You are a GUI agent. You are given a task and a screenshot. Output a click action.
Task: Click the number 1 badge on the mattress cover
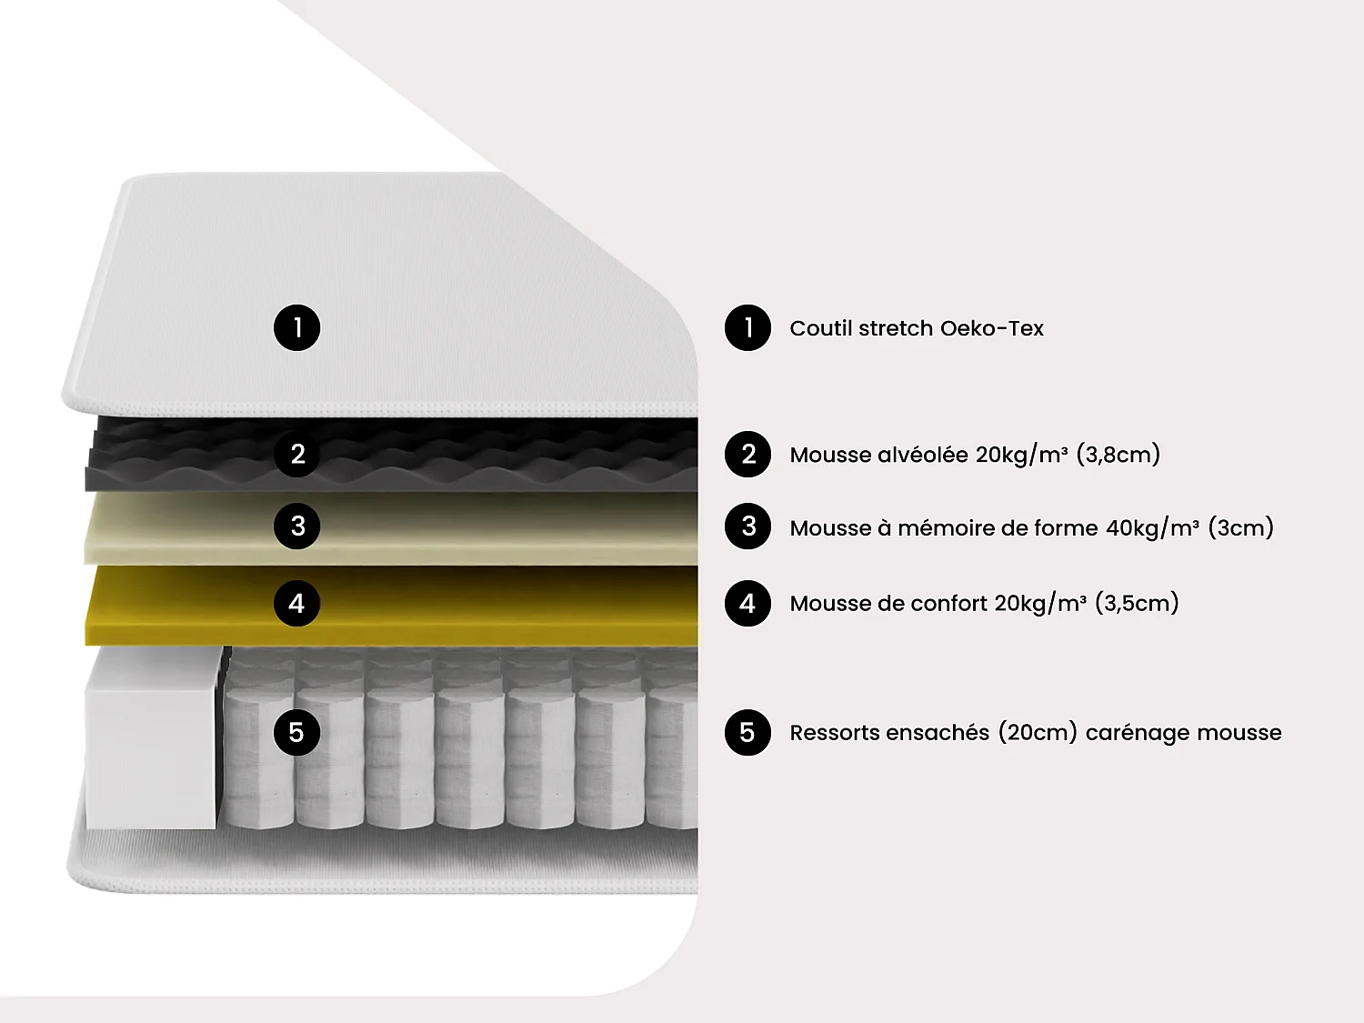pyautogui.click(x=296, y=328)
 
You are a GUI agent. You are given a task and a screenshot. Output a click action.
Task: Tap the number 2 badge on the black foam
pyautogui.click(x=296, y=454)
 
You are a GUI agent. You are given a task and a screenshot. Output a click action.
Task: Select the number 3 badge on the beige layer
pyautogui.click(x=296, y=526)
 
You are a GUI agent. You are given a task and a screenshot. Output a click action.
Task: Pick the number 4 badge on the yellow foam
pyautogui.click(x=296, y=603)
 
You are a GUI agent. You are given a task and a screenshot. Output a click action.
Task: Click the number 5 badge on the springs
pyautogui.click(x=296, y=732)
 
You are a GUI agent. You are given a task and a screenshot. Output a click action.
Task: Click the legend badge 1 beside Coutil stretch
pyautogui.click(x=747, y=328)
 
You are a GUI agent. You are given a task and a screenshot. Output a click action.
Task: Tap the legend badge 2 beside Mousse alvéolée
pyautogui.click(x=747, y=454)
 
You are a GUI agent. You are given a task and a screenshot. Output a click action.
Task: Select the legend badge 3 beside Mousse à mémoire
pyautogui.click(x=747, y=526)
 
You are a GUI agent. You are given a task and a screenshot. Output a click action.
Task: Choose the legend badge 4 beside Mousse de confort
pyautogui.click(x=747, y=603)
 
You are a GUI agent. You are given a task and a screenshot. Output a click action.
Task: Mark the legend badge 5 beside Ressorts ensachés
pyautogui.click(x=747, y=732)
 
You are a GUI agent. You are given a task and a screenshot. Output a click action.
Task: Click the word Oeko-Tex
pyautogui.click(x=991, y=328)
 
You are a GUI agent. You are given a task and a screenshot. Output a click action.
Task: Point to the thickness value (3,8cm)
pyautogui.click(x=1118, y=455)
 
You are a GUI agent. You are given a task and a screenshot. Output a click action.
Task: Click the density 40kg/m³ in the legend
pyautogui.click(x=1152, y=528)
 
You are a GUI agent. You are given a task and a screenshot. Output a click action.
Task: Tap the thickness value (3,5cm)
pyautogui.click(x=1137, y=603)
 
